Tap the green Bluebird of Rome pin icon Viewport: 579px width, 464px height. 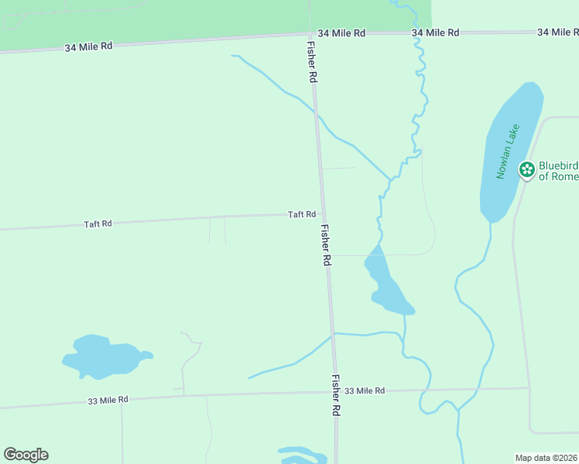(x=527, y=169)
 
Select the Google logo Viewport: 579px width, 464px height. (x=26, y=455)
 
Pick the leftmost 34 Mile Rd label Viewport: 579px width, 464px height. (x=88, y=46)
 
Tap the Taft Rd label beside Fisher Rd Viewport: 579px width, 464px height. (x=302, y=214)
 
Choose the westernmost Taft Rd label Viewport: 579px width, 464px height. (x=98, y=223)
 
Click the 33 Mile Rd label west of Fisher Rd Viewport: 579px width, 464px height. (x=108, y=400)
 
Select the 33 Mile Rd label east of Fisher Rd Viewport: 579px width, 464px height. (x=365, y=391)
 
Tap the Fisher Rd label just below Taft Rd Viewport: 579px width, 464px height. (x=326, y=247)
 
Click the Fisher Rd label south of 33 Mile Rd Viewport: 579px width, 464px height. (x=336, y=396)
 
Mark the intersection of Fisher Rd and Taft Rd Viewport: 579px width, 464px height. (x=322, y=214)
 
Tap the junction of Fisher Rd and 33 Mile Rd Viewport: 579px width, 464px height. (x=334, y=391)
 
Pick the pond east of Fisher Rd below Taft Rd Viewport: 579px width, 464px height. (x=386, y=285)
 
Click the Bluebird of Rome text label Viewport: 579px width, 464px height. (x=558, y=171)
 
